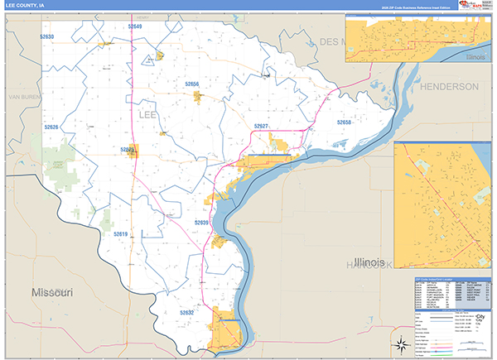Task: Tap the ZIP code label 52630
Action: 46,37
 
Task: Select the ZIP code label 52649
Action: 135,27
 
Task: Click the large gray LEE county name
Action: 147,113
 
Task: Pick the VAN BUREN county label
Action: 23,98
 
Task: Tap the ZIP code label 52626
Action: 51,127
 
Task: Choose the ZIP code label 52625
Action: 128,150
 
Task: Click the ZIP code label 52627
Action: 262,126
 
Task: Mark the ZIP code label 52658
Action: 344,122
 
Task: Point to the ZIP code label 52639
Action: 202,223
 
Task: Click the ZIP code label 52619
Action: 121,234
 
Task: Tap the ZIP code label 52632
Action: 186,313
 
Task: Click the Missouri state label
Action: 53,293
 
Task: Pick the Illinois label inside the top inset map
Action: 475,57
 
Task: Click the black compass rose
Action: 399,343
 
